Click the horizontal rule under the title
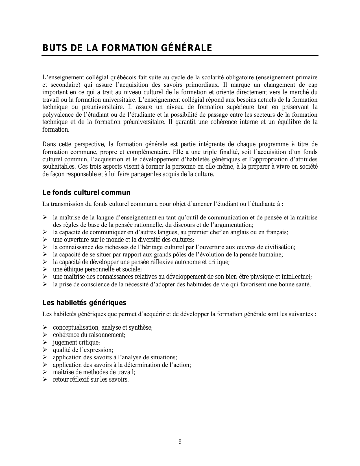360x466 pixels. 180,56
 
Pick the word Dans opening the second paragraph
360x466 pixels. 49,144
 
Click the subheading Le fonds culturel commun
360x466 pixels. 86,193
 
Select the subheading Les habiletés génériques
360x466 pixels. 84,303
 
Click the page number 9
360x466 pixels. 180,442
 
